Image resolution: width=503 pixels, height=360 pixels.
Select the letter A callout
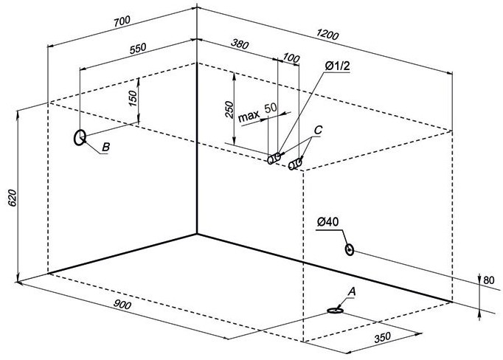tap(351, 292)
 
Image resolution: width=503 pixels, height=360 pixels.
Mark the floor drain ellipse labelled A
tap(336, 311)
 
